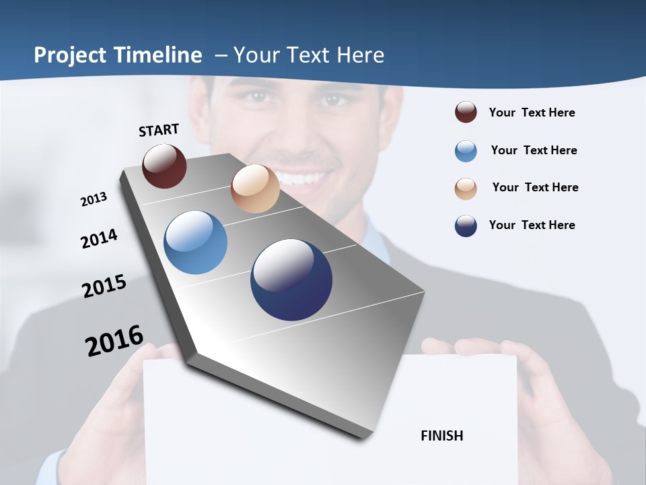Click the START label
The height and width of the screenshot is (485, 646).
point(159,130)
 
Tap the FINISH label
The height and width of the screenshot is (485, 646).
point(442,436)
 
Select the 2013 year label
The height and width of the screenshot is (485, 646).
point(94,199)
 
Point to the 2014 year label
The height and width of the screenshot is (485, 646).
point(99,238)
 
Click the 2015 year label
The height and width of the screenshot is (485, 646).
point(104,286)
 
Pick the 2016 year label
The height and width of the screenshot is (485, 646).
point(114,341)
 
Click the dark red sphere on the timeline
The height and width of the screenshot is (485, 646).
point(164,166)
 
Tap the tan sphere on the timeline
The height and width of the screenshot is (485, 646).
point(255,189)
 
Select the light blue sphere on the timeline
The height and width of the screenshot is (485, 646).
point(195,243)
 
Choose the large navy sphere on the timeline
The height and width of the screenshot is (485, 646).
point(291,280)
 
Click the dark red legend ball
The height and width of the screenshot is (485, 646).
point(466,112)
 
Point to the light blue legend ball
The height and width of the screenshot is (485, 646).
point(466,151)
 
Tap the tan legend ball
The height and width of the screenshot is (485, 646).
point(466,189)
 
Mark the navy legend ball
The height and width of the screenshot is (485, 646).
point(466,226)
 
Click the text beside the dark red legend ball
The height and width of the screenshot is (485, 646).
point(532,112)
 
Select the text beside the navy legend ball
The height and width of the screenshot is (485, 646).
point(532,225)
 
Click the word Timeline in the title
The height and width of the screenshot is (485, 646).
point(158,55)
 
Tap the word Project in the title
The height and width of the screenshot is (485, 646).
point(70,55)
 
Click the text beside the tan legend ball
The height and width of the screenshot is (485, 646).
point(535,187)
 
